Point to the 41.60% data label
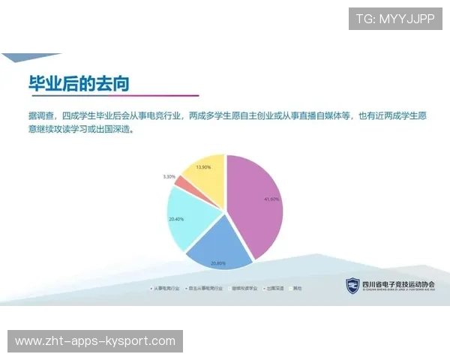pos(271,199)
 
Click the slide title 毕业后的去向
pos(79,83)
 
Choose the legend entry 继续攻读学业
pos(244,287)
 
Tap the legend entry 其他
pos(297,287)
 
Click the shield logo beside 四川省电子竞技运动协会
pos(352,285)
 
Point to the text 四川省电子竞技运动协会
pos(397,284)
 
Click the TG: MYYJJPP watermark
pos(395,19)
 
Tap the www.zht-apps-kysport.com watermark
pos(95,341)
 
